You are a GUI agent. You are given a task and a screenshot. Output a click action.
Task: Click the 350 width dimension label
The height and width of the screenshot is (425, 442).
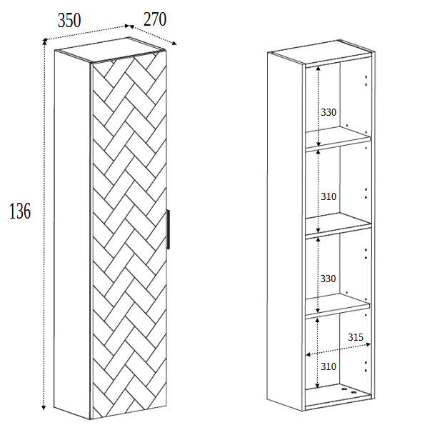[69, 21]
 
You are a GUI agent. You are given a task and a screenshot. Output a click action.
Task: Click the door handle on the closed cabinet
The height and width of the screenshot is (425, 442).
[168, 229]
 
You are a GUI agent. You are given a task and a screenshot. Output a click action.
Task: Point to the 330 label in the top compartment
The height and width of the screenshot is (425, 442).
[328, 112]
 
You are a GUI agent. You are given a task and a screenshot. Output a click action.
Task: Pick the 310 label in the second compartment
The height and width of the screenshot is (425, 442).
[328, 196]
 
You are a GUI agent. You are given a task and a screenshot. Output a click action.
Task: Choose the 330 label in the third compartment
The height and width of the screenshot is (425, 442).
[328, 278]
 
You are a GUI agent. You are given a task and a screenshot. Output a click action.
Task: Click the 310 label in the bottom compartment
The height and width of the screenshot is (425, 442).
[328, 366]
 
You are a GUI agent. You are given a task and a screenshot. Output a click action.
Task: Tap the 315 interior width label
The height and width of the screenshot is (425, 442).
[356, 336]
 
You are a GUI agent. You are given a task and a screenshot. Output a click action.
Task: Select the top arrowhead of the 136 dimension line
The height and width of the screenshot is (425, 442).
[44, 51]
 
